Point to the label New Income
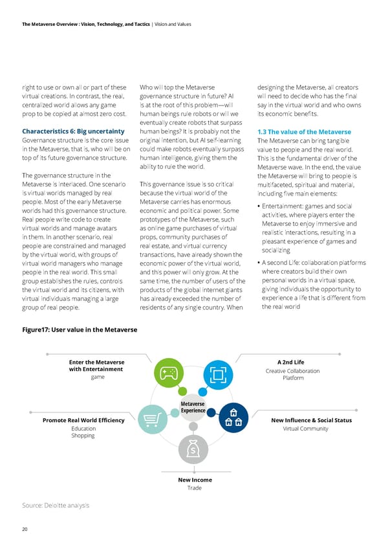pos(195,480)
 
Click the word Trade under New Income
pos(195,488)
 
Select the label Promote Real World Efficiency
pos(83,421)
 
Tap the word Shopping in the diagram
pos(83,436)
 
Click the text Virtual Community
pos(306,429)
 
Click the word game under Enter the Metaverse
pos(97,377)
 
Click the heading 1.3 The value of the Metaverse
pos(304,132)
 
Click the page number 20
pos(25,530)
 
